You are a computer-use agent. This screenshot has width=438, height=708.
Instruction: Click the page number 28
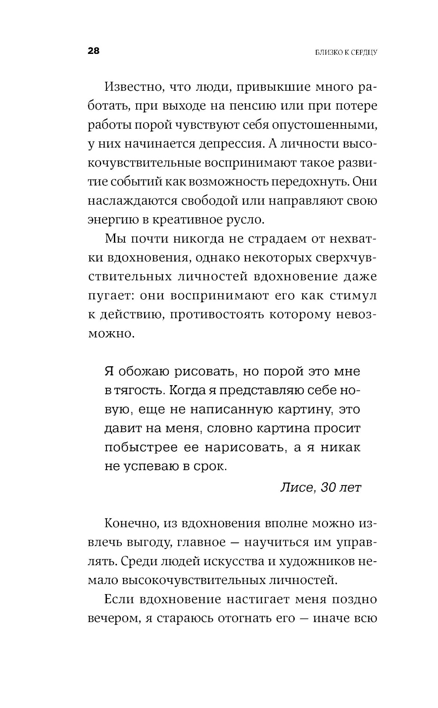(x=94, y=51)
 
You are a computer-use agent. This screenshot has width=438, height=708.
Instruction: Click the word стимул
(x=356, y=295)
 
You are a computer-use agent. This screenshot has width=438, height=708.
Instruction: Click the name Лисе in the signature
(x=296, y=488)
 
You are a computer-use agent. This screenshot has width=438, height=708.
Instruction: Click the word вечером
(x=111, y=619)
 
